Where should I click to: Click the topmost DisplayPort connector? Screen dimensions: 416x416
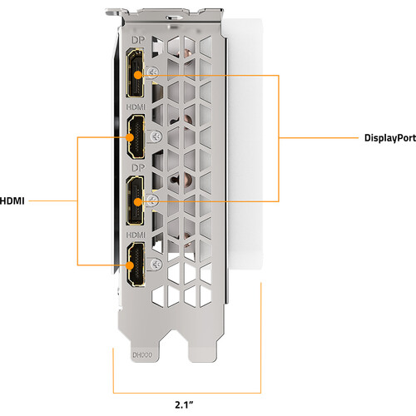coord(135,73)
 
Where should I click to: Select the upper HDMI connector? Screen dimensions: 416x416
coord(136,137)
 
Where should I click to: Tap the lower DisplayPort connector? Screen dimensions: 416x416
coord(135,201)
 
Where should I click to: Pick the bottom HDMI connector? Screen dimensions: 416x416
coord(136,264)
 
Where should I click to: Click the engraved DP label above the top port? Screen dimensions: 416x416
coord(138,40)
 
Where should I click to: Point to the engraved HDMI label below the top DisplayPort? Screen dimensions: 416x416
coord(136,107)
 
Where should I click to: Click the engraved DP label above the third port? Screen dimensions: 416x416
coord(138,168)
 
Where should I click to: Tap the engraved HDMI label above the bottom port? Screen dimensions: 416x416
coord(136,235)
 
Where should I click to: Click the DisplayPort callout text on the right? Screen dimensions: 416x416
coord(390,138)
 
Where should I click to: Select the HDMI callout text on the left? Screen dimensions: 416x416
coord(12,201)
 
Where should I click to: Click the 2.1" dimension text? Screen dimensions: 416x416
coord(184,405)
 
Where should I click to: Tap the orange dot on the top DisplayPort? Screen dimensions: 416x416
coord(138,75)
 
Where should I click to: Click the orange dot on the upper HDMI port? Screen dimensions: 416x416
coord(130,137)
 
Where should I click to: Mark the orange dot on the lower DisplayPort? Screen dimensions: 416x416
coord(138,201)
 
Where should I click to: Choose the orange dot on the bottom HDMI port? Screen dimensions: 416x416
coord(130,265)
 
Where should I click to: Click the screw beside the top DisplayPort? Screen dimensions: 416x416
coord(153,72)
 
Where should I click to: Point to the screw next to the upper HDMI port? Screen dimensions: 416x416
coord(156,136)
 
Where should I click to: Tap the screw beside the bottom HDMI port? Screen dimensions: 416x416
coord(156,264)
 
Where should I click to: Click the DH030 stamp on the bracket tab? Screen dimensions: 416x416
coord(142,355)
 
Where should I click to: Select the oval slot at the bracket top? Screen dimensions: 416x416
coord(176,18)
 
